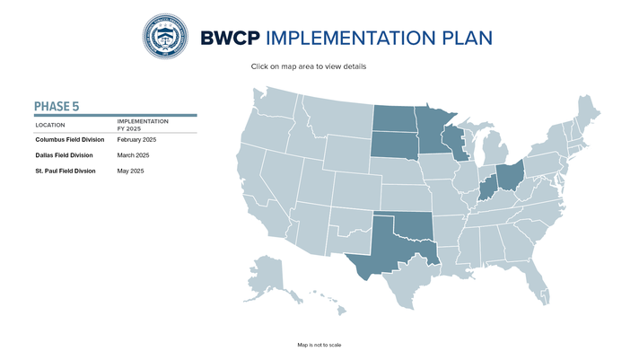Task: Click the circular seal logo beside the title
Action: (166, 37)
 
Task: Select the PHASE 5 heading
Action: (57, 107)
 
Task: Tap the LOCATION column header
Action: (50, 125)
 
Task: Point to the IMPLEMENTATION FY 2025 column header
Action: (143, 125)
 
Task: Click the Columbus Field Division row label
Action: (70, 140)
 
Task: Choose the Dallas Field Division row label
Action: (64, 155)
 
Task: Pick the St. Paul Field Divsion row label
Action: (65, 171)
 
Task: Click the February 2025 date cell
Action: (137, 140)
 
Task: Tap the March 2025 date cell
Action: (133, 155)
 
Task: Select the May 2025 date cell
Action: (131, 171)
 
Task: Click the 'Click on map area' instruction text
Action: (309, 66)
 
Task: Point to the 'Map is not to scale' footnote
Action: (319, 345)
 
